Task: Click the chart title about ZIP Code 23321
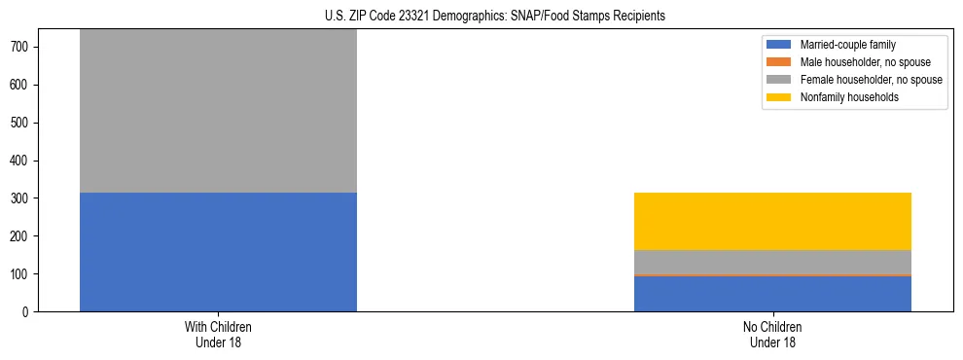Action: (495, 17)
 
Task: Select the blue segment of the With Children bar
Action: (218, 252)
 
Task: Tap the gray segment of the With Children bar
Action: (218, 111)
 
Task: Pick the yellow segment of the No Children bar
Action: (772, 221)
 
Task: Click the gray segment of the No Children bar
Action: (772, 262)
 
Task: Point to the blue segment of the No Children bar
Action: (772, 294)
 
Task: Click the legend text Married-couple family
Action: (847, 45)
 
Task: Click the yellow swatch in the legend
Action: (780, 97)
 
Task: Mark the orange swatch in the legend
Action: (780, 62)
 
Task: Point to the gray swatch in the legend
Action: (780, 80)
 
